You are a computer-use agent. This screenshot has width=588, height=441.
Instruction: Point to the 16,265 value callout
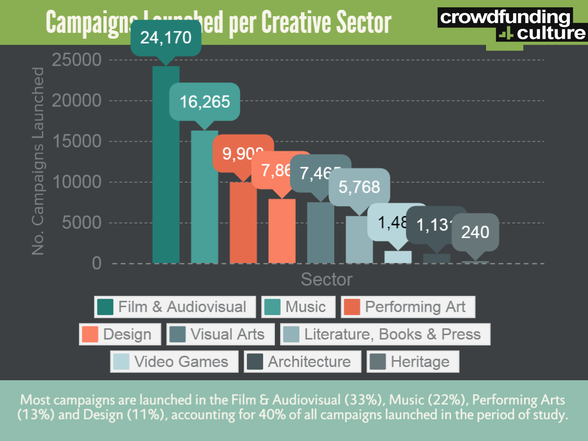point(204,101)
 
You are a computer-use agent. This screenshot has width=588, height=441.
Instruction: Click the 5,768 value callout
point(359,187)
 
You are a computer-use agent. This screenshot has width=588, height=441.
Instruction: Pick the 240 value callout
point(475,231)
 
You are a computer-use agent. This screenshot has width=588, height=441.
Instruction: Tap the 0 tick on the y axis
point(96,264)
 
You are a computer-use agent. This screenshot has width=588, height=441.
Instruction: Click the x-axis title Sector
point(326,279)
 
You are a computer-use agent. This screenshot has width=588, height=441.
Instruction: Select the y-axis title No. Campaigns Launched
point(38,161)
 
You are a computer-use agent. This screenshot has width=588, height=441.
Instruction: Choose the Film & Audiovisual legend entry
point(175,307)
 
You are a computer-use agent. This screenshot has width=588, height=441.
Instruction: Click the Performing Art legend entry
point(408,307)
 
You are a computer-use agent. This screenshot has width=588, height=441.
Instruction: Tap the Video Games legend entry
point(174,362)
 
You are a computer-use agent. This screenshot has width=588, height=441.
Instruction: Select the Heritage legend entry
point(413,362)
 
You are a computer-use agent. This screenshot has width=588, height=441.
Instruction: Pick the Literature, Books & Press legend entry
point(385,334)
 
